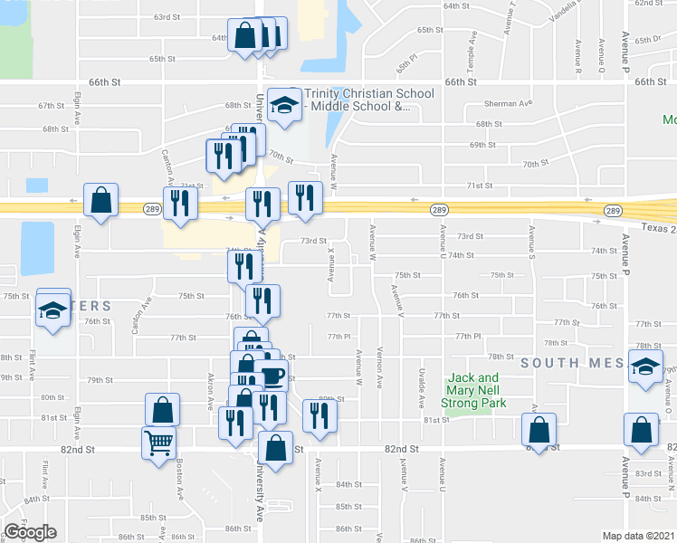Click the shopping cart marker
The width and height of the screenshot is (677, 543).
pos(158,443)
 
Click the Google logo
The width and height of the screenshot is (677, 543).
pos(30,532)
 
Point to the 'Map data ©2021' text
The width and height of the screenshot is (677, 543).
pos(639,536)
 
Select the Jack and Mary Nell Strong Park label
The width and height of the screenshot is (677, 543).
pos(475,390)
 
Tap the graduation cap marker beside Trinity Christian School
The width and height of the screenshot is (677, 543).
pos(284,106)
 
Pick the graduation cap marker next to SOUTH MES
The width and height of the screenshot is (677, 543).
pos(645,367)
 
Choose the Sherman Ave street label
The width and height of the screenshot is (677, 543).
pos(508,104)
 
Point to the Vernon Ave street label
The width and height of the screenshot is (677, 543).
pos(380,371)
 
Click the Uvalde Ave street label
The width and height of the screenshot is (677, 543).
pos(423,374)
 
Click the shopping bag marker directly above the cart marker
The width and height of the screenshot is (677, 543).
pos(162,409)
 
